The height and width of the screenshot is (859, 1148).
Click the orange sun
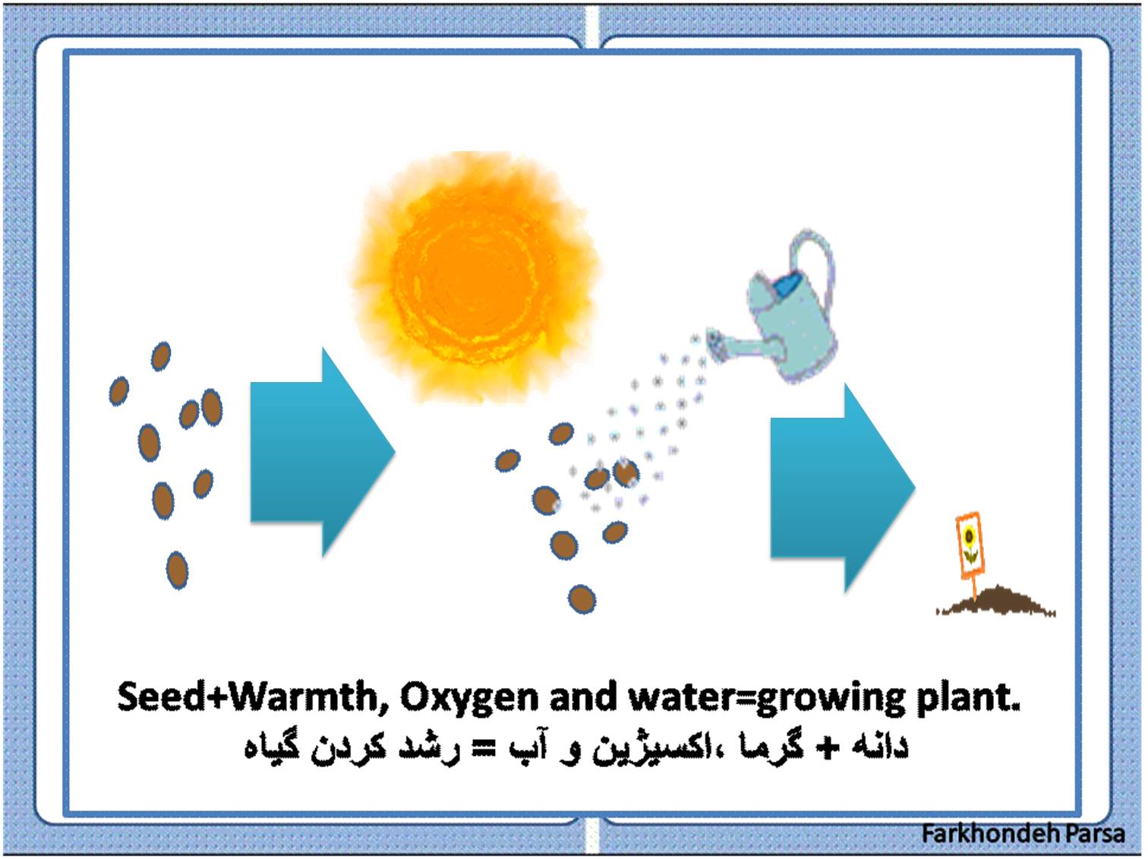(x=475, y=277)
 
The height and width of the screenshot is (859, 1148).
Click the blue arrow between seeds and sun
(x=322, y=452)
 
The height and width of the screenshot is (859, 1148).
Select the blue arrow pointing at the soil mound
(x=843, y=488)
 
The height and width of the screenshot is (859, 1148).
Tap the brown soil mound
(x=996, y=602)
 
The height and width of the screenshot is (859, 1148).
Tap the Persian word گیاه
(x=272, y=748)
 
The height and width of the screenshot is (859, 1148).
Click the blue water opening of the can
(x=786, y=286)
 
